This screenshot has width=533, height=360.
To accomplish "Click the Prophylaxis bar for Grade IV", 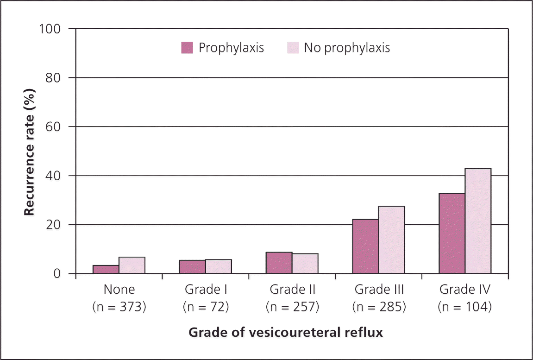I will pos(452,234).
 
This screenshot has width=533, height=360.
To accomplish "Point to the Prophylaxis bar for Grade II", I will pos(279,263).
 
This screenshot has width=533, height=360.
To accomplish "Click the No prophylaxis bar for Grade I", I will pos(219,266).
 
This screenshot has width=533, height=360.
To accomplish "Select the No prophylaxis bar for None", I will pos(132,265).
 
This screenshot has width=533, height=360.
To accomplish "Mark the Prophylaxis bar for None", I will pos(106,269).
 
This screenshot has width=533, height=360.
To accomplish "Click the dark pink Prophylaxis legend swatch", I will pos(187,48).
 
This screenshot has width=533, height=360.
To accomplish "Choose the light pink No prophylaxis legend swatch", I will pos(293,48).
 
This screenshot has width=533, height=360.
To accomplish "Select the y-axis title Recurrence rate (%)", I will pos(29,151).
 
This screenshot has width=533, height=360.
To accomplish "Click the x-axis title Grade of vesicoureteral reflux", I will pos(286,333).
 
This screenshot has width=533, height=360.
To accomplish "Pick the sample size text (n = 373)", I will pos(119,307).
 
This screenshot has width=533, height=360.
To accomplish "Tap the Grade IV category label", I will pos(464,290).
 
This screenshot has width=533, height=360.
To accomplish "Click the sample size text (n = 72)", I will pos(206,307).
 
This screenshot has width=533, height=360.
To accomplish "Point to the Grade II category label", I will pos(292,290).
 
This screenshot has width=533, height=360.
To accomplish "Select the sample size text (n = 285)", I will pos(379,307).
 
